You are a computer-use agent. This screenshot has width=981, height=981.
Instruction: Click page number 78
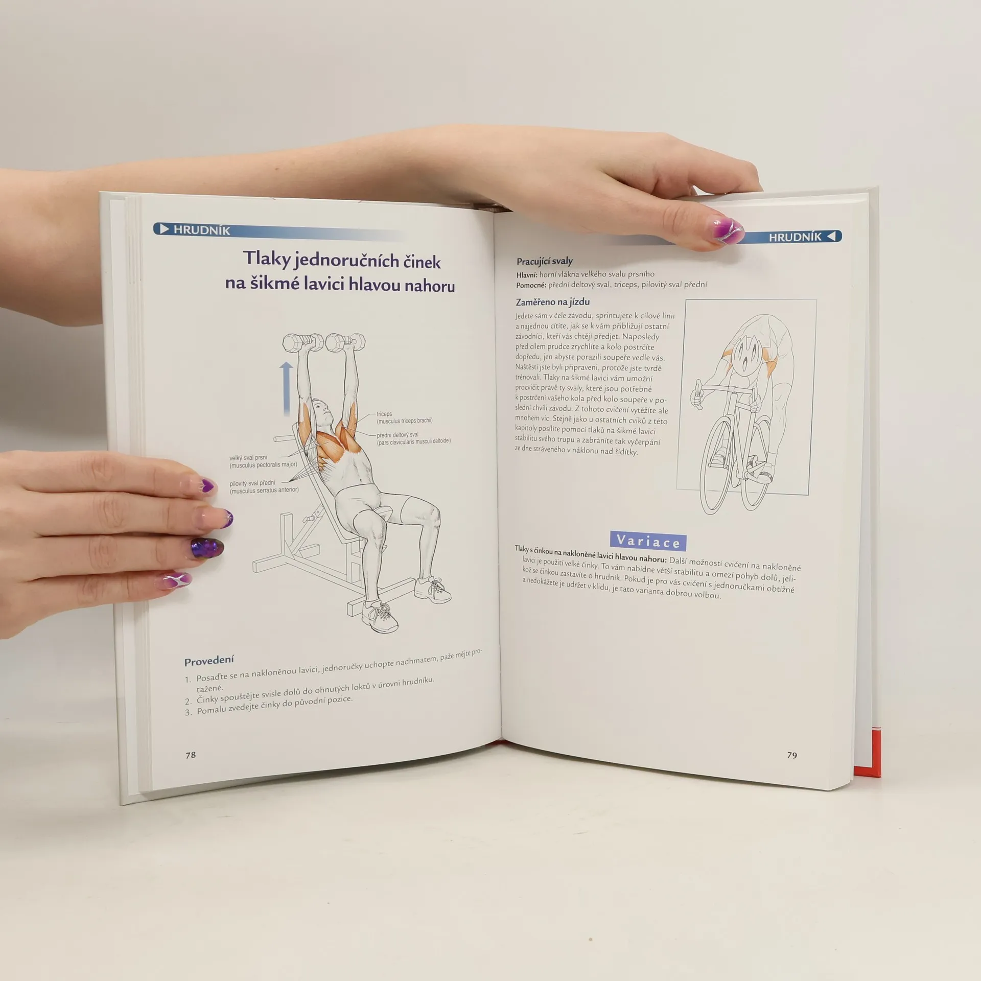point(191,755)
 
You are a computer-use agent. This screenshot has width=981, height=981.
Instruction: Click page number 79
point(792,755)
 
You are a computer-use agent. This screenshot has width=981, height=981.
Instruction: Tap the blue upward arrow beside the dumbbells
point(286,388)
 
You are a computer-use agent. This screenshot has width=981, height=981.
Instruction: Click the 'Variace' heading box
point(648,541)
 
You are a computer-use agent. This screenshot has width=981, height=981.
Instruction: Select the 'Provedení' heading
point(209,661)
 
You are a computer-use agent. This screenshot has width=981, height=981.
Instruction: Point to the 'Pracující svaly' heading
point(545,262)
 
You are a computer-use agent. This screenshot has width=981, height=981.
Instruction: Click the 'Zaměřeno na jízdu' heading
point(553,302)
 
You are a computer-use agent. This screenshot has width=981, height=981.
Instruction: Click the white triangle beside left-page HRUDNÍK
point(164,229)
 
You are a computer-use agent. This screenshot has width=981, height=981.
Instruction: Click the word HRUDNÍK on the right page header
point(795,237)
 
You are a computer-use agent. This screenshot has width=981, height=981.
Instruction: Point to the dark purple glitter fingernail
point(207,548)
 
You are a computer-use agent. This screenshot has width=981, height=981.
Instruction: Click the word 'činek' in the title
point(422,262)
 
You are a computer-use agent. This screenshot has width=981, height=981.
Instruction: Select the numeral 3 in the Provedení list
point(188,712)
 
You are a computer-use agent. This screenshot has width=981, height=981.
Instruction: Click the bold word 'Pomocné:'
point(531,285)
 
